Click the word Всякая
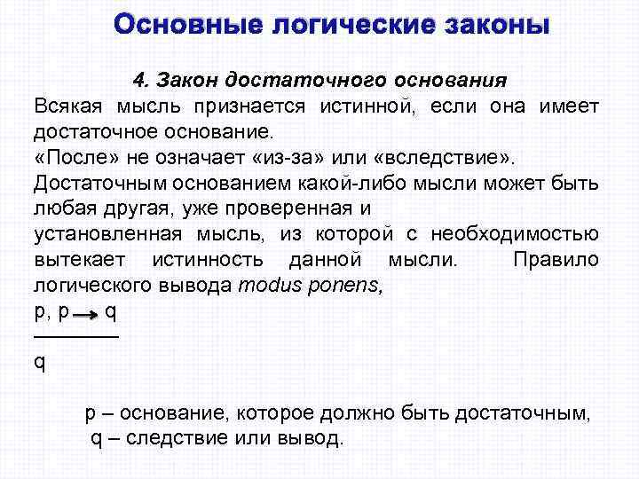point(67,106)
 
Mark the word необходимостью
point(516,235)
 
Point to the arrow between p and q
point(87,315)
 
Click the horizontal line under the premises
point(75,337)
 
